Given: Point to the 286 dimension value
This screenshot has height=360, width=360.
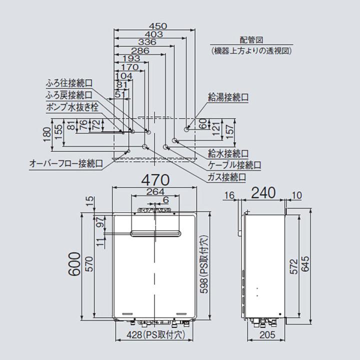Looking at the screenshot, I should tap(139, 50).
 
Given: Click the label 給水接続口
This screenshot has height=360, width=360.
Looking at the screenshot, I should tap(228, 153).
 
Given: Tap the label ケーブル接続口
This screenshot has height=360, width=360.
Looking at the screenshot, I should tap(233, 164).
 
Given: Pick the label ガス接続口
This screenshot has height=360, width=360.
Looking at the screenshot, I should tap(226, 177).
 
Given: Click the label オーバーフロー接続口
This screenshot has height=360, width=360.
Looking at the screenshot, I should tap(66, 163).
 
